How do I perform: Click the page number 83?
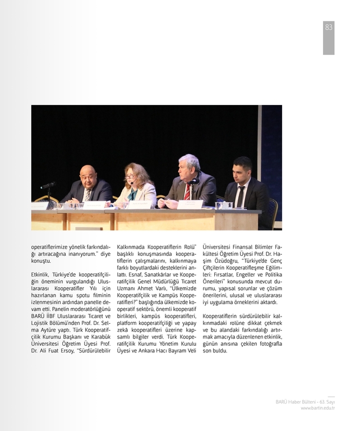[x=329, y=27]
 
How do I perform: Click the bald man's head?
[x=87, y=175]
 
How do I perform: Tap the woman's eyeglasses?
[x=131, y=177]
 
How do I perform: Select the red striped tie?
[x=187, y=191]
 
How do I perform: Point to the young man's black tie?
[x=241, y=196]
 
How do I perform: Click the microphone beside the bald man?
[x=48, y=185]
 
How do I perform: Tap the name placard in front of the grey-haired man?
[x=190, y=204]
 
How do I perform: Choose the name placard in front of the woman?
[x=139, y=205]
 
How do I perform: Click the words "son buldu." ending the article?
[x=215, y=351]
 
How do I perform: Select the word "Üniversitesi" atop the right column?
[x=220, y=246]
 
